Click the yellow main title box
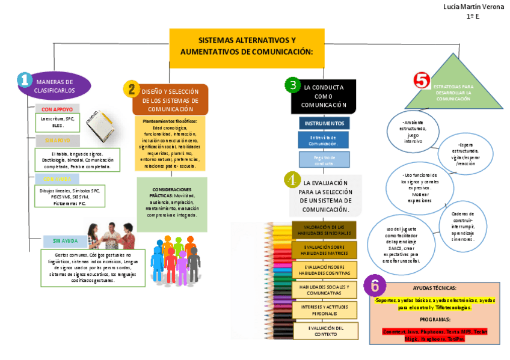point(247,46)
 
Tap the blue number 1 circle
point(24,79)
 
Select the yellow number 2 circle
point(131,90)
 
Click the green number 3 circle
point(292,85)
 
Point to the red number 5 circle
point(422,80)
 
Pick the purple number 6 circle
point(375,285)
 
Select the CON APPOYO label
point(57,109)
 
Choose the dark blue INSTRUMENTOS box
point(324,123)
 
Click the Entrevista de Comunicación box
point(324,141)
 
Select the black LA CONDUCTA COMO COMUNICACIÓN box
point(324,96)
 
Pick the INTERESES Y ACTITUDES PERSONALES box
point(325,310)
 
